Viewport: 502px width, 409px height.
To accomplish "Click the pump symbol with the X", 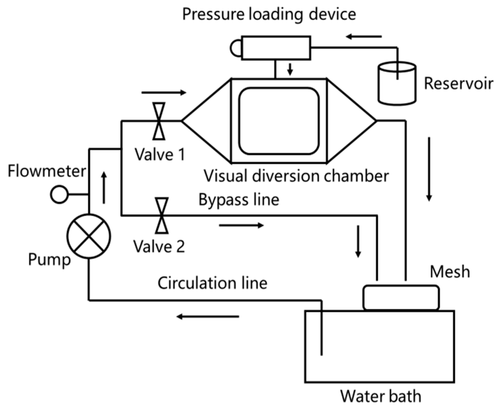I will [89, 236].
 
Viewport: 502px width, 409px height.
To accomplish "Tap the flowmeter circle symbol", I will [59, 194].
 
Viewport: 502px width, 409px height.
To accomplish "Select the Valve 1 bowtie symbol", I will [159, 121].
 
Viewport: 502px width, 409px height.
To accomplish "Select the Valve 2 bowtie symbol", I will [162, 216].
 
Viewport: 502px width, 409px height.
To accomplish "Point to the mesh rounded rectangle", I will [401, 297].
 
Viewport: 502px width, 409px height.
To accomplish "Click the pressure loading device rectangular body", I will [276, 48].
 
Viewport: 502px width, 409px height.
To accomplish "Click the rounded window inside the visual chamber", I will [279, 121].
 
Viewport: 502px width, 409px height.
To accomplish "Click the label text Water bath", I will [381, 396].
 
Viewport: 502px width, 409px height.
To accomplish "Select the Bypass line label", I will [239, 200].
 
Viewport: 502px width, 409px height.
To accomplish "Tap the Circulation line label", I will [212, 283].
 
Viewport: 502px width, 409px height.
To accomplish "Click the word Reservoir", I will [458, 83].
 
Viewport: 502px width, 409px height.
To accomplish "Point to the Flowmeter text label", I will [47, 171].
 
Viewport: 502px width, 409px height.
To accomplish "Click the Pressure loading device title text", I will [269, 14].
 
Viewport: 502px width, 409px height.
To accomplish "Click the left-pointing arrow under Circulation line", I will [207, 316].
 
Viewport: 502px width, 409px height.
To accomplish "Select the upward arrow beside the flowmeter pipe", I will [104, 187].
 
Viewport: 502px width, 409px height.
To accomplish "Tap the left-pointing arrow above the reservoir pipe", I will [364, 37].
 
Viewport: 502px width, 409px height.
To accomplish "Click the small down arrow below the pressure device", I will [290, 70].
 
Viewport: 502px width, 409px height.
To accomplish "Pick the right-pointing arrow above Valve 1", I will [164, 93].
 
